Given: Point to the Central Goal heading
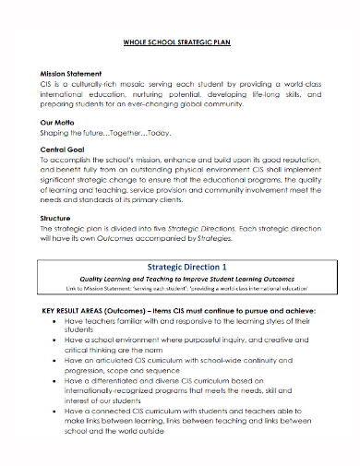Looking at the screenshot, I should pos(64,148).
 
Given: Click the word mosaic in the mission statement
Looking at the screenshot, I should pos(147,83).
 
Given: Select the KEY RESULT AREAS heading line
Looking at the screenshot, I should pos(179,311).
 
